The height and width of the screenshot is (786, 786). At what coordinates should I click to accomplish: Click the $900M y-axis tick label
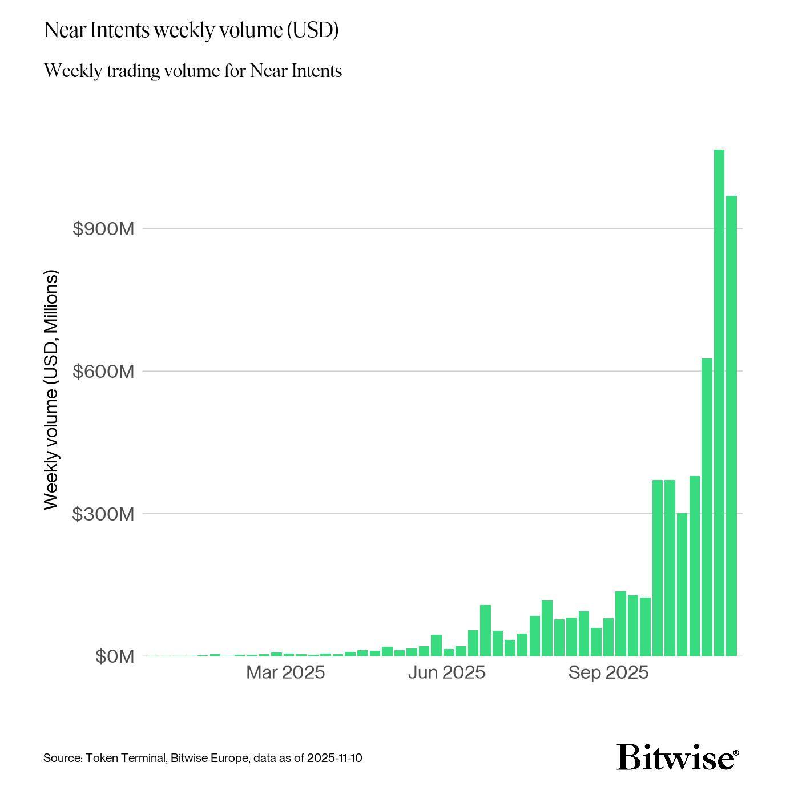click(103, 229)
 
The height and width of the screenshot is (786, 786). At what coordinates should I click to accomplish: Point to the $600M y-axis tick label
click(103, 372)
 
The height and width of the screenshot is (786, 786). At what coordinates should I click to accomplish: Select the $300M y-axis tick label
click(103, 514)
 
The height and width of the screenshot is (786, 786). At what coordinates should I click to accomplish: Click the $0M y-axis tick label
click(115, 657)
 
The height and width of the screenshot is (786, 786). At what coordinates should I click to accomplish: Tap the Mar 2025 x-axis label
click(285, 672)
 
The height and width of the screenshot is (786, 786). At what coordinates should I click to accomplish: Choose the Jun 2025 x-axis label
click(446, 672)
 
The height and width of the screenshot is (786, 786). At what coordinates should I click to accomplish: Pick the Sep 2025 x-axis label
click(608, 672)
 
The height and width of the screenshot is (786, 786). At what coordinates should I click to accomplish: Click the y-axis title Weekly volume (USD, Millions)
click(51, 390)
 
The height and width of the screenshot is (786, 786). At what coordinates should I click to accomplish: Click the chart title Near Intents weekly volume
click(191, 30)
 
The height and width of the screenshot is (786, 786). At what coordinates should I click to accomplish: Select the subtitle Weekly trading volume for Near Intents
click(193, 71)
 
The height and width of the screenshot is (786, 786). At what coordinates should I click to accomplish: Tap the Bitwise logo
click(675, 757)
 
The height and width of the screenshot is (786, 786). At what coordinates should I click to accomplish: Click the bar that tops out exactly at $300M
click(682, 585)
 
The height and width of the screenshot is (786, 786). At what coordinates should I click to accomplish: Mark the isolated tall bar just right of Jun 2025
click(485, 630)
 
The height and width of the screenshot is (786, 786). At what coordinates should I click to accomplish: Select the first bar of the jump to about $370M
click(658, 568)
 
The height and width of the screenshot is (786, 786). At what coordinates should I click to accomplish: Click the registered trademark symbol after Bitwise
click(736, 753)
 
